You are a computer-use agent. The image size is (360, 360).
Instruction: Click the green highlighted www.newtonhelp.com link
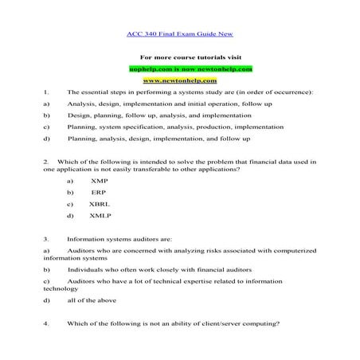[179, 80]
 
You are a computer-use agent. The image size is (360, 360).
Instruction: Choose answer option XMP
[101, 181]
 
